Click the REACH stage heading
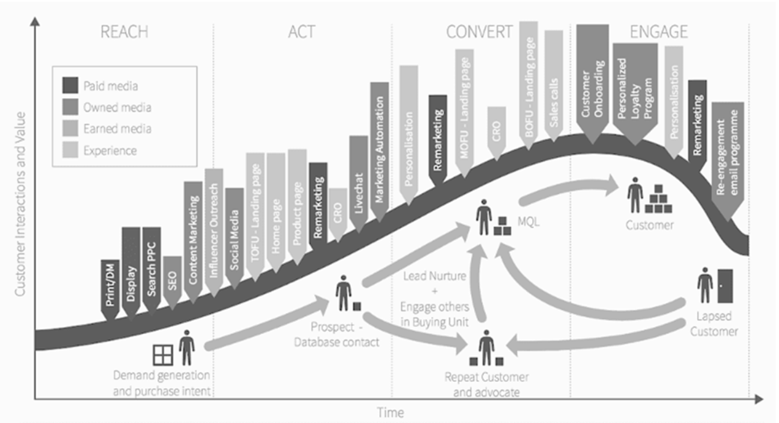(124, 32)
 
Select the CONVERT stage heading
(480, 32)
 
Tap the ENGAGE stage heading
(659, 32)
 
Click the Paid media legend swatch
(70, 85)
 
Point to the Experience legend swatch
(70, 150)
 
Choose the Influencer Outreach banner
(214, 232)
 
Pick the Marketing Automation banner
(380, 152)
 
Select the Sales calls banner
(554, 86)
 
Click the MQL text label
(529, 222)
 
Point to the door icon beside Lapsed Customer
(725, 286)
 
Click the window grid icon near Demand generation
(163, 355)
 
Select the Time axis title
(391, 413)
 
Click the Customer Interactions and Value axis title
(20, 204)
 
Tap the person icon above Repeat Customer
(486, 347)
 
